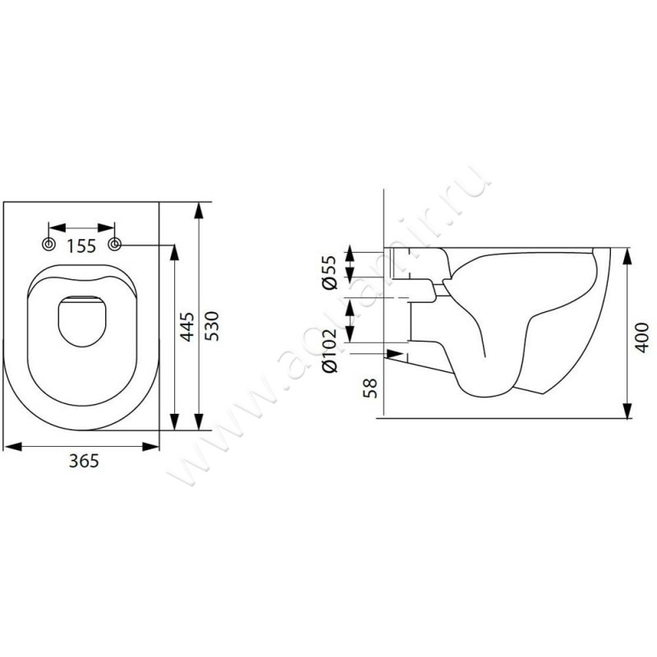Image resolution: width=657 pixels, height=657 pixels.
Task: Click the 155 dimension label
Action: click(x=81, y=246)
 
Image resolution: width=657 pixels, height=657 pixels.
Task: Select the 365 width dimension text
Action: click(x=84, y=461)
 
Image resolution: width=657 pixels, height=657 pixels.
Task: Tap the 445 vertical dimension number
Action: click(x=187, y=326)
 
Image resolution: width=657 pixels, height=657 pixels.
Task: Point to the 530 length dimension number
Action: click(x=212, y=326)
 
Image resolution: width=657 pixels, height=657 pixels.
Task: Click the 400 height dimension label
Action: click(x=641, y=338)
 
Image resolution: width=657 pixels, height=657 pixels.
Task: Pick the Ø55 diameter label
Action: click(x=329, y=272)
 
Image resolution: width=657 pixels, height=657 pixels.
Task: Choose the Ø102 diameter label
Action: click(x=329, y=351)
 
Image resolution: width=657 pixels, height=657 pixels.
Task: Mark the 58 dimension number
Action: click(x=370, y=388)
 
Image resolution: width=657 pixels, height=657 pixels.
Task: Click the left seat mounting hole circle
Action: click(x=49, y=244)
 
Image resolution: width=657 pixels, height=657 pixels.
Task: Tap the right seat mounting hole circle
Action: click(x=115, y=244)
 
